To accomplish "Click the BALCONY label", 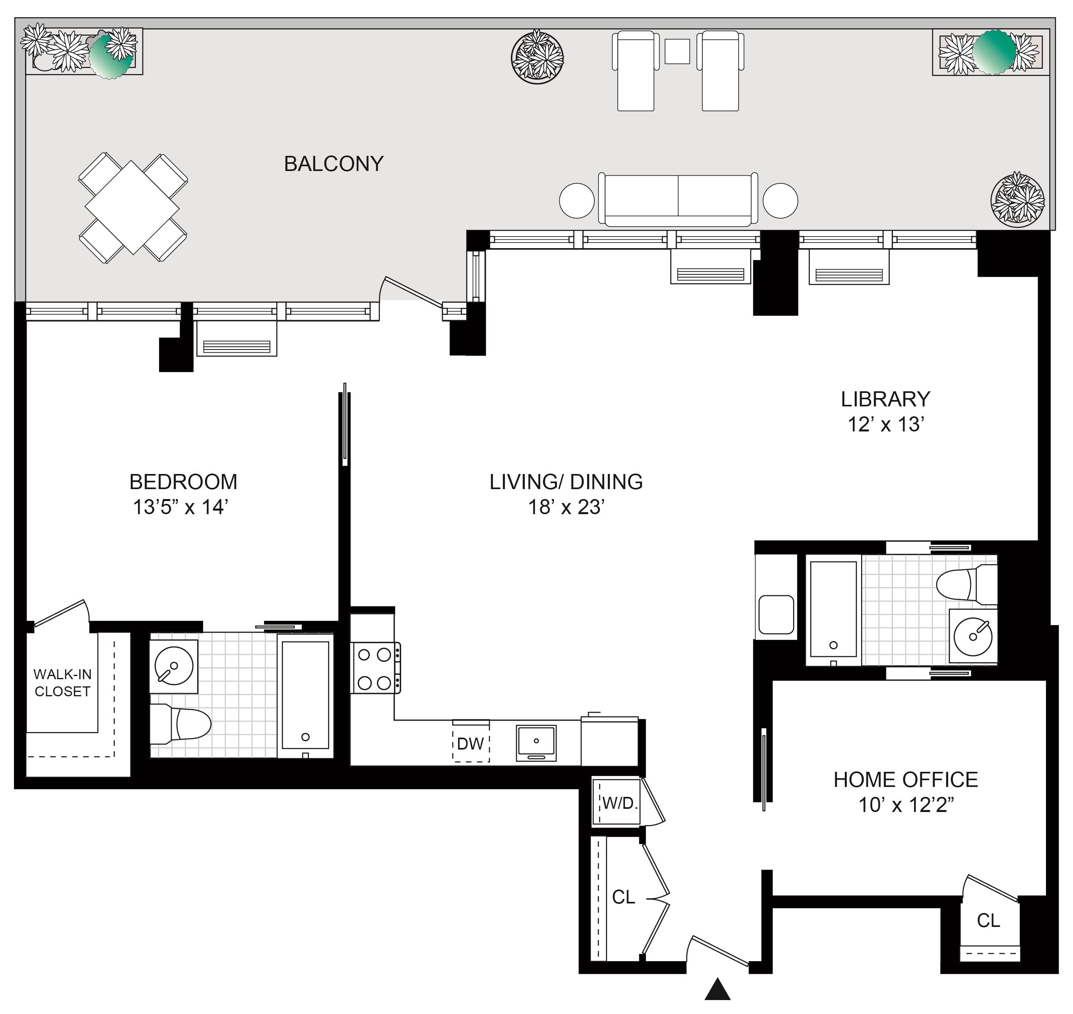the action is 334,164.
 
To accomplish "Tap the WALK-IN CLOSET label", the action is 63,683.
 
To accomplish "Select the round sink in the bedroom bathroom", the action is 174,666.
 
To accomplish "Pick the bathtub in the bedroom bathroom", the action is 305,695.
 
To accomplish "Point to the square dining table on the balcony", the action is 132,208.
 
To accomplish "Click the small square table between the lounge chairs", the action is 677,51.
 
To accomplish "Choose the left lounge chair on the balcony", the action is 635,71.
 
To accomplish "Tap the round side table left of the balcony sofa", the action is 577,200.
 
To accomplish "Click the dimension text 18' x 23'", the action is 566,507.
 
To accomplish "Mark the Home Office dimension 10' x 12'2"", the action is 906,805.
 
